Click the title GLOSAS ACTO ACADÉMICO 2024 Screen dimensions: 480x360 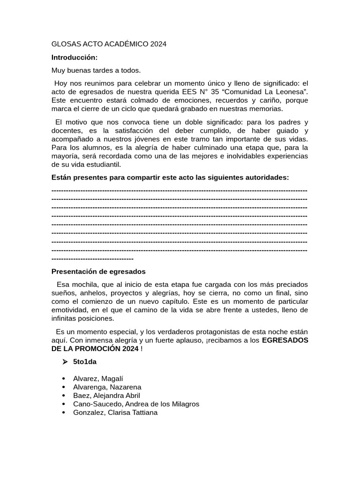click(109, 44)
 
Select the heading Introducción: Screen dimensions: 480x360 click(75, 57)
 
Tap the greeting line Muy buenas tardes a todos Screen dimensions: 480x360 click(96, 70)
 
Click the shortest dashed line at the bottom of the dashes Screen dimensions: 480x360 click(92, 259)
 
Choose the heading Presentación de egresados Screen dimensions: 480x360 click(98, 271)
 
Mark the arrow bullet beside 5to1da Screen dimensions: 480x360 click(65, 362)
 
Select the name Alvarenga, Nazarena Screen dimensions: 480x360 click(107, 387)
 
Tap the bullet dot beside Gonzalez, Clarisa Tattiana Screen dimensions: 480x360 click(64, 412)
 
